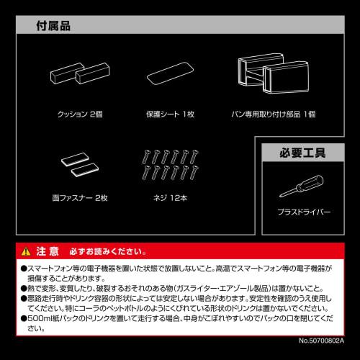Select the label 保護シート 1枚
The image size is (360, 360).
click(x=171, y=114)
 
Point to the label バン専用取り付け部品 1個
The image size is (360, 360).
click(x=274, y=114)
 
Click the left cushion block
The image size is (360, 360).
click(x=63, y=73)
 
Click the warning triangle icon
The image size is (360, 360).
click(x=27, y=251)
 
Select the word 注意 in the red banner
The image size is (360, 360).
click(x=48, y=251)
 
